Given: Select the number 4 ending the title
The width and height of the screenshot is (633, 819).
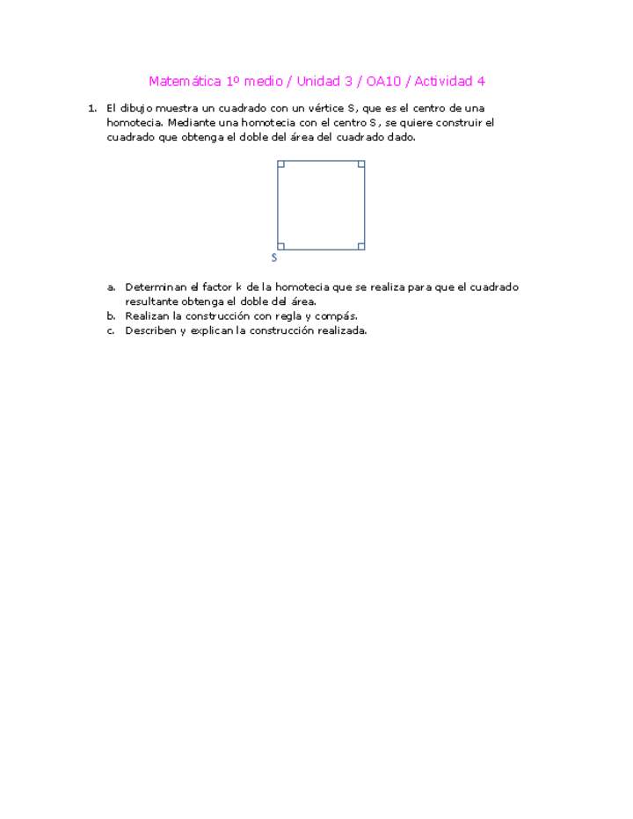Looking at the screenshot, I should click(x=481, y=82).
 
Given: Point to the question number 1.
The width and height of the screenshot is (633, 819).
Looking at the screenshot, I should click(x=91, y=108).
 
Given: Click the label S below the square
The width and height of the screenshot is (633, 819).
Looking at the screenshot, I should click(x=274, y=257).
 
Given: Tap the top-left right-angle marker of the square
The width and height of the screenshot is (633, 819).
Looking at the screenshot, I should click(x=281, y=164).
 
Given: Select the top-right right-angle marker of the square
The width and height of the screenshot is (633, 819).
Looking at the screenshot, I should click(x=360, y=164).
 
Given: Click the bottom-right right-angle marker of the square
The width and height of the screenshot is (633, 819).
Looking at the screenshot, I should click(x=360, y=246).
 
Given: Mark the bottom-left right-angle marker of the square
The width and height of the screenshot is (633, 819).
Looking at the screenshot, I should click(x=281, y=246).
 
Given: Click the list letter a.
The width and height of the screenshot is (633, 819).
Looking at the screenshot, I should click(x=111, y=287).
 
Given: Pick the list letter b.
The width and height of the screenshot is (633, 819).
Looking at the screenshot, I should click(x=111, y=315).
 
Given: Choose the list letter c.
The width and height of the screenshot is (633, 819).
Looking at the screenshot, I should click(x=111, y=330).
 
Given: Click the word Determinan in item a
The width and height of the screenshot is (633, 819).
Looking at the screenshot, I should click(x=155, y=287).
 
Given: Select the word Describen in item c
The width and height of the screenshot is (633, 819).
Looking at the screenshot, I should click(x=150, y=330).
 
